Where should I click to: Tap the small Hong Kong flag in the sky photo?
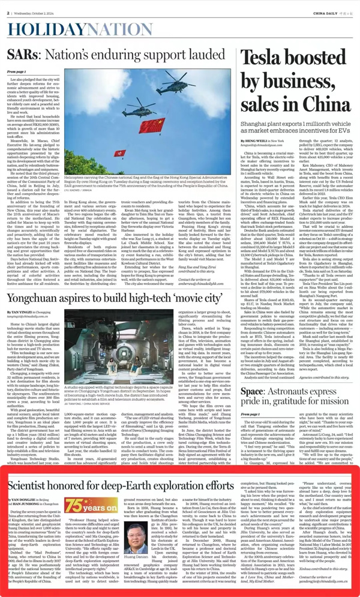point(120,153)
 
